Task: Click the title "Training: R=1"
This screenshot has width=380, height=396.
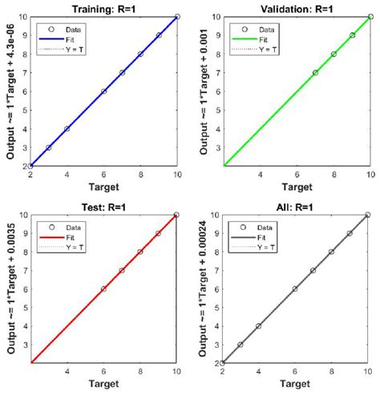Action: [x=104, y=6]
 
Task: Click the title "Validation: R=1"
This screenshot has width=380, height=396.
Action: [x=297, y=6]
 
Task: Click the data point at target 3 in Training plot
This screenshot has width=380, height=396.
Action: [x=49, y=147]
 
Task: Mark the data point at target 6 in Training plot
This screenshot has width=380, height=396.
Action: [x=104, y=91]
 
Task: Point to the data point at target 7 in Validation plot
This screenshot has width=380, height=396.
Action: [x=315, y=72]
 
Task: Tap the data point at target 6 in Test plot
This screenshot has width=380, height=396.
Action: [x=104, y=289]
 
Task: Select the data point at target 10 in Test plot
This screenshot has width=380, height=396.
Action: [x=176, y=215]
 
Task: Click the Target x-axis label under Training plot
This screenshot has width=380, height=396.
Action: [x=104, y=188]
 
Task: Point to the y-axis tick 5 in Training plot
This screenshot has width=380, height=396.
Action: [x=24, y=110]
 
